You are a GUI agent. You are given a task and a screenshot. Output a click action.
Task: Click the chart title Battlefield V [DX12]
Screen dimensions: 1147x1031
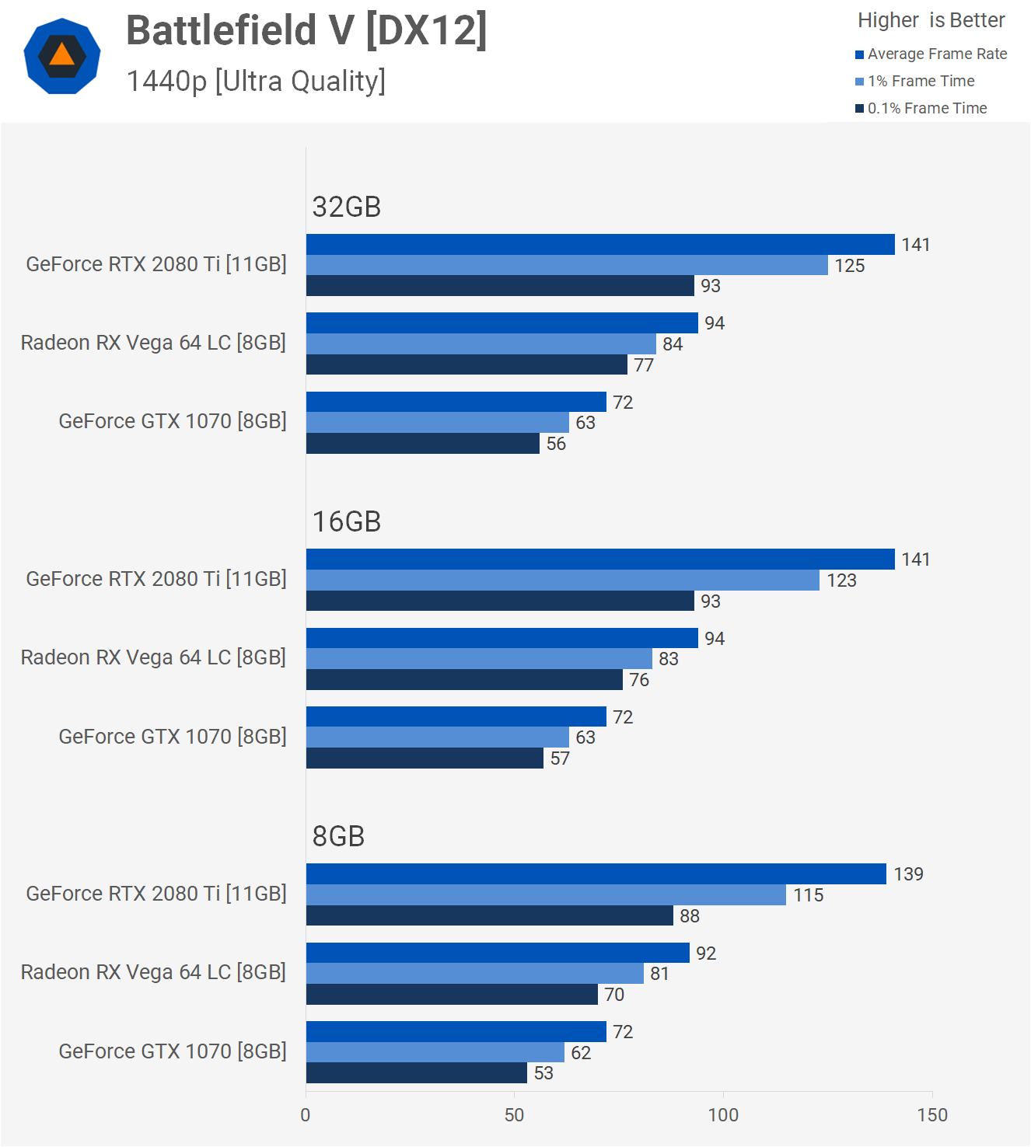[x=306, y=31]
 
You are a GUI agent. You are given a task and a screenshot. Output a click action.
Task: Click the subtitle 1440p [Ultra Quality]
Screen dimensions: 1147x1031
[x=256, y=81]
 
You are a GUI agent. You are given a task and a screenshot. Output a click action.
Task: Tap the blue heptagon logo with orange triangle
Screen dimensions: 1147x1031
[x=62, y=56]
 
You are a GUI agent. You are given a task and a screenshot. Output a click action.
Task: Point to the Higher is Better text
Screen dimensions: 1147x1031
[x=931, y=20]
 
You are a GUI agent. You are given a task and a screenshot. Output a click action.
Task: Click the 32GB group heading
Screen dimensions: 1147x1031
[x=346, y=207]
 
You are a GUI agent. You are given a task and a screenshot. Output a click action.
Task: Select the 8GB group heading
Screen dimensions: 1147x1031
[x=338, y=836]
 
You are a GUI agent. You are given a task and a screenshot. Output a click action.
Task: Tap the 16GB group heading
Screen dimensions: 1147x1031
[x=346, y=521]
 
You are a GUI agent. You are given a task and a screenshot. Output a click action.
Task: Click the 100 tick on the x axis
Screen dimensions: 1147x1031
[x=722, y=1115]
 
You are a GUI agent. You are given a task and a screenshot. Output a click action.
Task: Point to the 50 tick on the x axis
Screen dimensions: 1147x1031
[x=514, y=1115]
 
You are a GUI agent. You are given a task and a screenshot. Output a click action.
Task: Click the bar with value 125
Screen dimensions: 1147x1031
[x=566, y=265]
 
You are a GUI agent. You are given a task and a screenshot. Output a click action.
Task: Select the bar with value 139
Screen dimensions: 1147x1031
[x=596, y=873]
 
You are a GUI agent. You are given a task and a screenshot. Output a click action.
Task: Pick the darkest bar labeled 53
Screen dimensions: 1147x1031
[x=416, y=1073]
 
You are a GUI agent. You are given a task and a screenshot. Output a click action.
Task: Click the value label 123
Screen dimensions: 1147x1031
[x=841, y=580]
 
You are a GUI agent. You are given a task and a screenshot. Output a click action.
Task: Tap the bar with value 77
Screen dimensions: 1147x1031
[x=467, y=364]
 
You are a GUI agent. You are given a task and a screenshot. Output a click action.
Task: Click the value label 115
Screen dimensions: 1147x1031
[x=808, y=895]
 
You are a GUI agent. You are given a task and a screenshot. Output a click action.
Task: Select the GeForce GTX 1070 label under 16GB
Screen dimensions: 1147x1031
[x=173, y=736]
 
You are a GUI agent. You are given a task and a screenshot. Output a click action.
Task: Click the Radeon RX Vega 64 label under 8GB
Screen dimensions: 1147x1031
[x=153, y=972]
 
